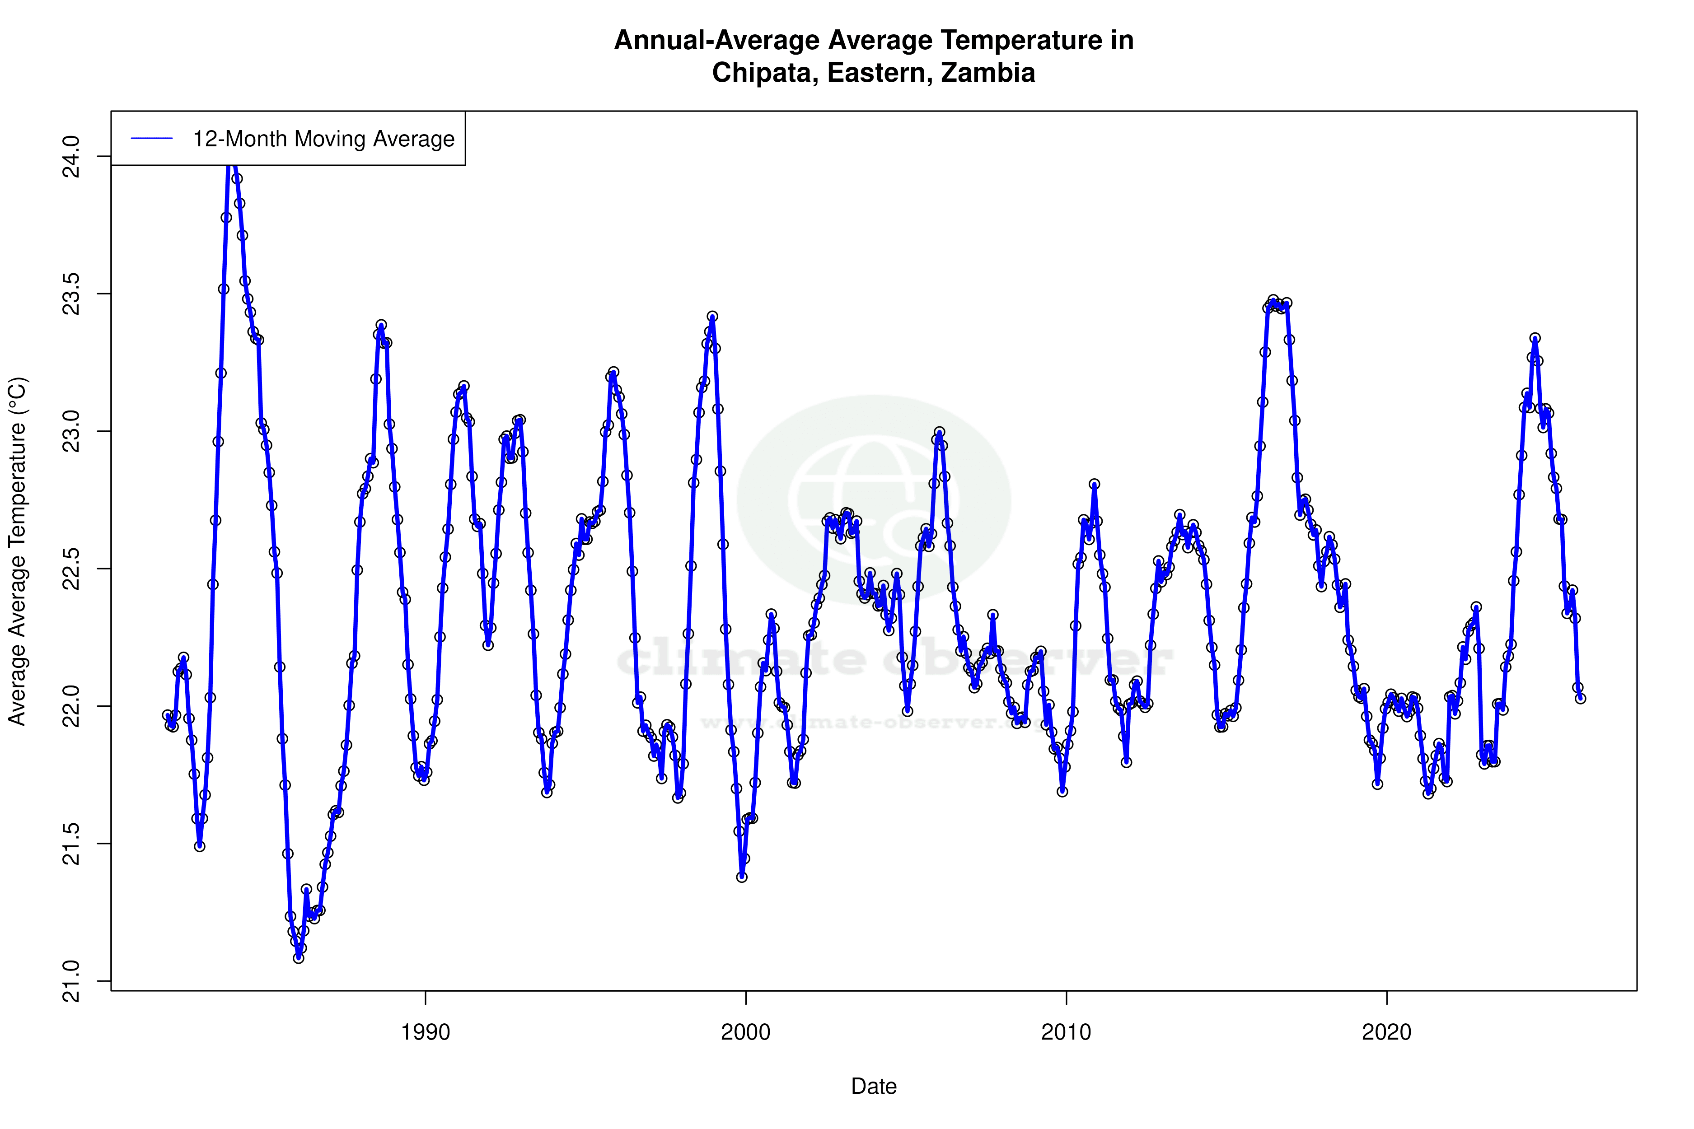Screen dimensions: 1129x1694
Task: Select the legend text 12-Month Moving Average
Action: (x=323, y=139)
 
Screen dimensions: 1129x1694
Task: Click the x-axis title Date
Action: (x=874, y=1086)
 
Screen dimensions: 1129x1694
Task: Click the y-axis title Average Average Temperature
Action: (x=17, y=551)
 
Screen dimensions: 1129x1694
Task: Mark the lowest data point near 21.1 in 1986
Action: (x=298, y=958)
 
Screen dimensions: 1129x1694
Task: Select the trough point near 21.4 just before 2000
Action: (x=742, y=876)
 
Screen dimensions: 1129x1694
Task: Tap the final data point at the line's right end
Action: (x=1580, y=698)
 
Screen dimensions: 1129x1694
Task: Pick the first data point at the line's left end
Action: (x=167, y=715)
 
